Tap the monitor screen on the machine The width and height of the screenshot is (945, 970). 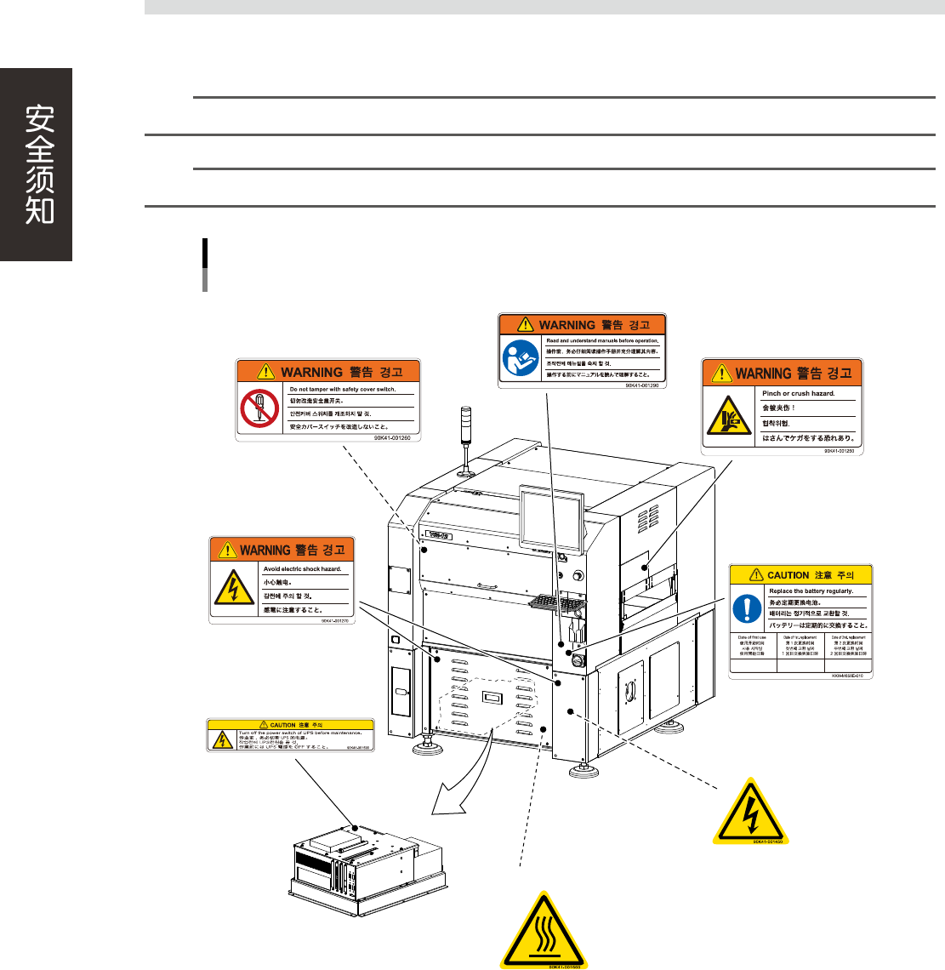tap(550, 521)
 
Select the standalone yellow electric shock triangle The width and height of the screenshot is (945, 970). tap(750, 812)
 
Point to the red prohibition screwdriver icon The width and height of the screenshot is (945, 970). tap(259, 408)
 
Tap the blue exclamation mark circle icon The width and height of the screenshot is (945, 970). tap(748, 608)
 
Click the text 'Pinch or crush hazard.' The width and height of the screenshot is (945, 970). tap(798, 393)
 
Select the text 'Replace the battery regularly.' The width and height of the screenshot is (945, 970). tap(810, 591)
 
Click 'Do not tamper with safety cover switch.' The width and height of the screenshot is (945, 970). tap(343, 389)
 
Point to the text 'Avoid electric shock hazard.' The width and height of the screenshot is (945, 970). tap(302, 568)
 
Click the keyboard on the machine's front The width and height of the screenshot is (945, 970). tap(556, 602)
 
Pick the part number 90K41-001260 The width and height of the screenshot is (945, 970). tap(392, 437)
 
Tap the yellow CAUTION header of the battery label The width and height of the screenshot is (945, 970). tap(801, 574)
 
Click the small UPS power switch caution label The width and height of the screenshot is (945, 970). tap(290, 735)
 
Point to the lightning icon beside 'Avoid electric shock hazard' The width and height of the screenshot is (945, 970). tap(231, 587)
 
